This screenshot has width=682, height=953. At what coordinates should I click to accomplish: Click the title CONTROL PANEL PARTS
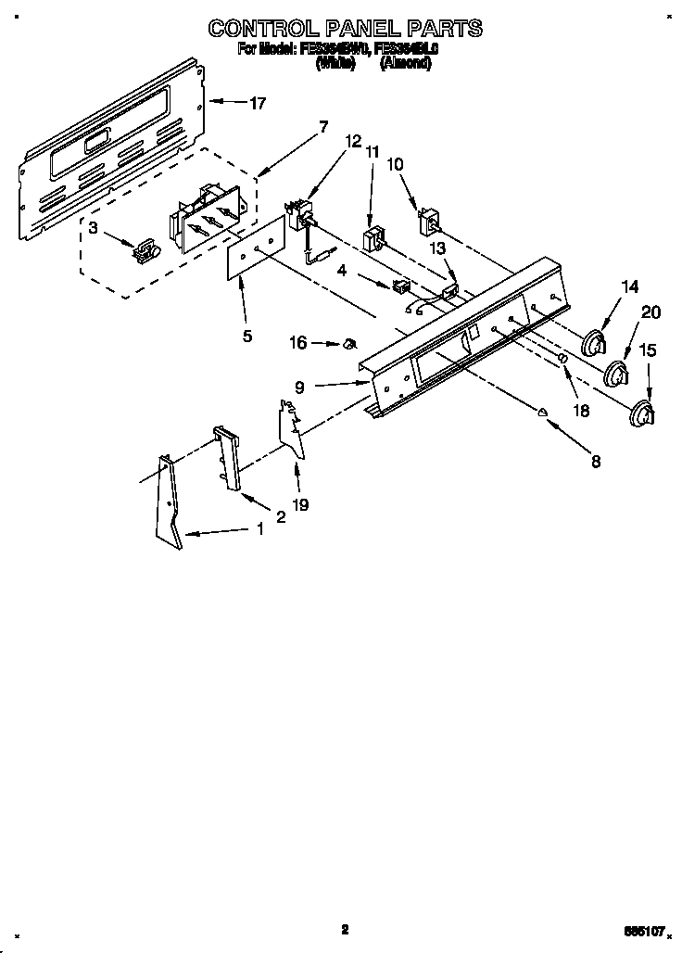tap(345, 29)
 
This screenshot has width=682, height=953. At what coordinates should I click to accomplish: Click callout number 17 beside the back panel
tap(257, 104)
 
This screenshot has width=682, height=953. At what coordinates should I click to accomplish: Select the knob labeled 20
tap(616, 375)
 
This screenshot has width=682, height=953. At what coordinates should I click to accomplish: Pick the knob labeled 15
tap(640, 414)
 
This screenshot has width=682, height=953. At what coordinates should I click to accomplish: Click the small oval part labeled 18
tap(562, 360)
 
